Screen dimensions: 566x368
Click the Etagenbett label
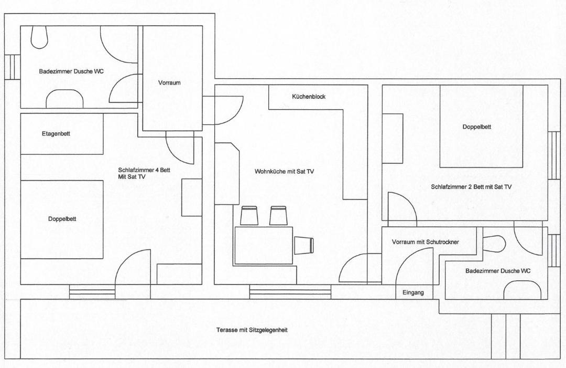click(56, 134)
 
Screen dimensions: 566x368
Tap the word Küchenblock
click(309, 97)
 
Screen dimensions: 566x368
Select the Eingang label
click(413, 293)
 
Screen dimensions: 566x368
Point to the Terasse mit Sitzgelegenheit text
click(252, 330)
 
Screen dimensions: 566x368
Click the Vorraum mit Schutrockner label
click(426, 242)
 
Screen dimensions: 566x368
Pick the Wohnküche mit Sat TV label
click(285, 171)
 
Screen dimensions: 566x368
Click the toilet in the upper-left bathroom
click(39, 37)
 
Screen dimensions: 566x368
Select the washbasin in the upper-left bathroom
click(64, 99)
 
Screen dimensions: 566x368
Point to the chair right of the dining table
click(304, 244)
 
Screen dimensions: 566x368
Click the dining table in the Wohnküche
click(264, 246)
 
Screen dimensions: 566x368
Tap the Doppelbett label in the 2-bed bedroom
click(477, 127)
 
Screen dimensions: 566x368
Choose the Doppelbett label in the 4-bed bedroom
click(62, 219)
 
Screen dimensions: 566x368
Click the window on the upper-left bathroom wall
click(12, 67)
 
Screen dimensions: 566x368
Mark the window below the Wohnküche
click(290, 292)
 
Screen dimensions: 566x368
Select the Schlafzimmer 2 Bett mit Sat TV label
click(471, 187)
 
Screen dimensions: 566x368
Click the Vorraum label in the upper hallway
click(169, 83)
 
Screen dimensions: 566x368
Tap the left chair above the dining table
click(249, 216)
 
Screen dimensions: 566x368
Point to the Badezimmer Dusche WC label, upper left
click(71, 71)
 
